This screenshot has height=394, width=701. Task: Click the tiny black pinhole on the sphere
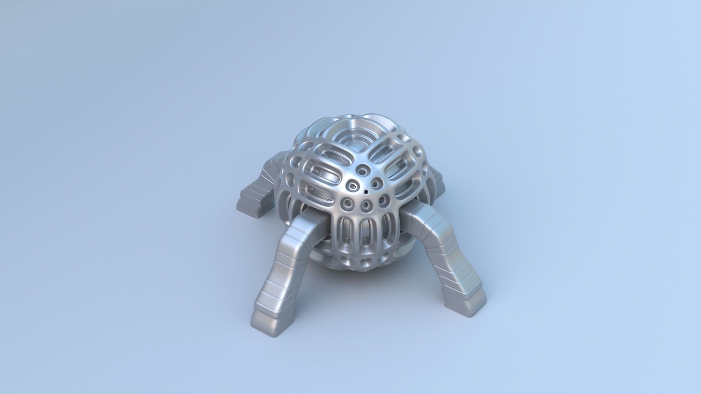366,191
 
